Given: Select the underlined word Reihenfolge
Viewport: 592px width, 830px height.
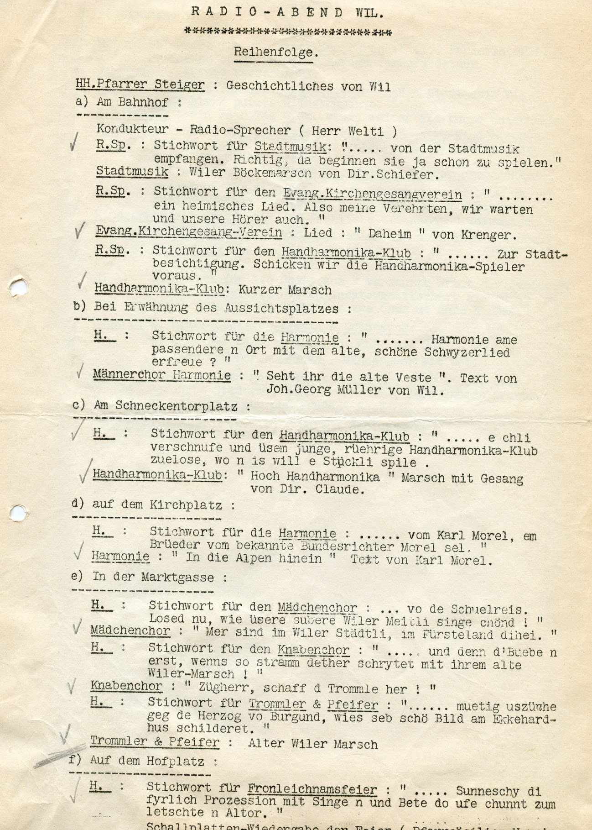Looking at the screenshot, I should (x=276, y=52).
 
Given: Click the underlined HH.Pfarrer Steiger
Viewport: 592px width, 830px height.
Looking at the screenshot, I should (x=140, y=84).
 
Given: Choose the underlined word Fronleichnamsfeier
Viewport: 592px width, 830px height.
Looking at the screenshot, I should (x=312, y=789).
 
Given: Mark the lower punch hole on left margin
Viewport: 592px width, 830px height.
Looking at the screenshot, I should (x=17, y=513).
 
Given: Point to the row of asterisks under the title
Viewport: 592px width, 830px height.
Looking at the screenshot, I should (x=287, y=32).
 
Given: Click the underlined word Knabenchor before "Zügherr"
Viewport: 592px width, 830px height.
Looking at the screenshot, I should (x=126, y=686).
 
